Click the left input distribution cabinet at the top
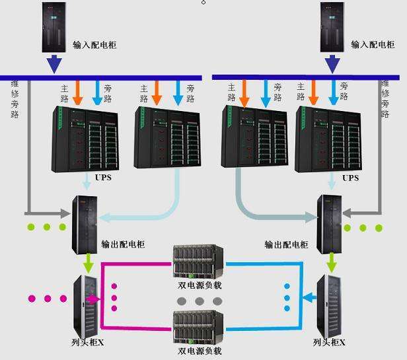(54, 27)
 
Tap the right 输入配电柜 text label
(373, 45)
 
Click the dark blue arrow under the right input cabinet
(332, 64)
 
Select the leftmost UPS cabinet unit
(85, 139)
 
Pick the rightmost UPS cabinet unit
(328, 139)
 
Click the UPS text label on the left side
(103, 178)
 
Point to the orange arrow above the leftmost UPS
(77, 92)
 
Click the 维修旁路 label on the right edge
(385, 99)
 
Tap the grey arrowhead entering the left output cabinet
(65, 213)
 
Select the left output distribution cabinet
(85, 225)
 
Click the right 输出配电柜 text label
(286, 244)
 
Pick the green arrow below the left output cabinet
(89, 263)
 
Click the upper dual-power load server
(198, 261)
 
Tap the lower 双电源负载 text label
(200, 351)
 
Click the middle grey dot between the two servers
(200, 301)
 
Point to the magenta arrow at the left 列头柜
(93, 299)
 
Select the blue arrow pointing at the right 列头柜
(310, 297)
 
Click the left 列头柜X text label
(88, 343)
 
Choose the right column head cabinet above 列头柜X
(329, 306)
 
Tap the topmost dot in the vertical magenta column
(114, 286)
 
